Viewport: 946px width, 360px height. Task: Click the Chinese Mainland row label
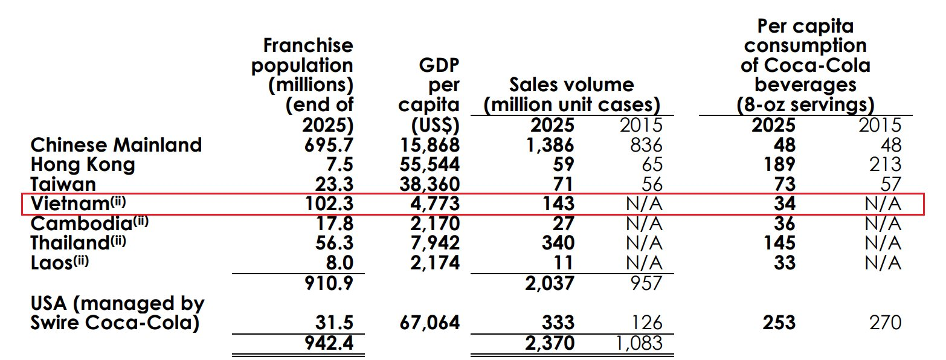click(116, 145)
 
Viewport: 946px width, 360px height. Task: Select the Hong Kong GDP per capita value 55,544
click(430, 164)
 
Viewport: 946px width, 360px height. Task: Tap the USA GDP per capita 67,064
click(430, 322)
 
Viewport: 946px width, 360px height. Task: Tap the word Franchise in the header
click(308, 45)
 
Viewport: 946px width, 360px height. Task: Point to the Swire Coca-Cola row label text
click(115, 323)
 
